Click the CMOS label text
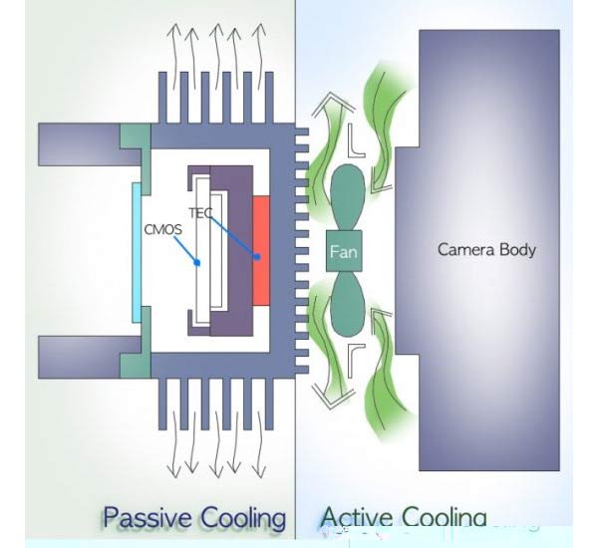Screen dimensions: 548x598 tap(163, 230)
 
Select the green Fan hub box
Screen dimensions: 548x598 tap(343, 252)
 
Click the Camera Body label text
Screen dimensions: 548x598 tap(486, 249)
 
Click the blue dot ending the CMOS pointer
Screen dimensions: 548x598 tap(198, 263)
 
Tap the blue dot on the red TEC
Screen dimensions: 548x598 tap(257, 257)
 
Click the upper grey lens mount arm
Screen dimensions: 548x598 tap(80, 143)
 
